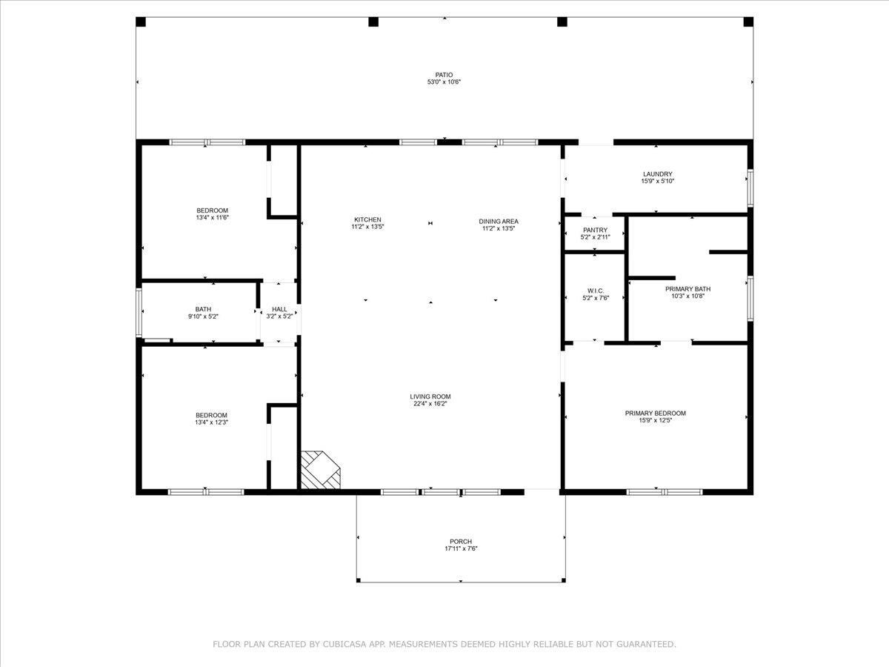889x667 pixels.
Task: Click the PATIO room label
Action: pyautogui.click(x=444, y=75)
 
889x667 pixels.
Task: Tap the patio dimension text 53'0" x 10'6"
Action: pyautogui.click(x=444, y=82)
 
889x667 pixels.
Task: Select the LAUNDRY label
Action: pyautogui.click(x=657, y=174)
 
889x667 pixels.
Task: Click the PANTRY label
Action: pyautogui.click(x=595, y=230)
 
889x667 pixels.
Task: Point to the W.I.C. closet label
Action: pyautogui.click(x=596, y=291)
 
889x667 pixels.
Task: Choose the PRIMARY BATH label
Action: pyautogui.click(x=687, y=289)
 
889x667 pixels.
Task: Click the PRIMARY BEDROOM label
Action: pyautogui.click(x=656, y=414)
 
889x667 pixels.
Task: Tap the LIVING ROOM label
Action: pyautogui.click(x=430, y=397)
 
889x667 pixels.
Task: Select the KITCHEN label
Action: pyautogui.click(x=367, y=220)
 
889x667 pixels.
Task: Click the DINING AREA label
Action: pyautogui.click(x=499, y=222)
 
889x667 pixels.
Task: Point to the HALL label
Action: pyautogui.click(x=279, y=309)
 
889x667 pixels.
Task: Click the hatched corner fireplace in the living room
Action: pyautogui.click(x=320, y=470)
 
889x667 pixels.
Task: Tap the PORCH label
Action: pyautogui.click(x=461, y=542)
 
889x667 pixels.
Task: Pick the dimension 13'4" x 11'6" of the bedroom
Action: pyautogui.click(x=212, y=217)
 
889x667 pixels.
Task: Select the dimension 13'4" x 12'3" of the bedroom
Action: pyautogui.click(x=211, y=422)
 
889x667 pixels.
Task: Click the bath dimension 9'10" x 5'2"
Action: pyautogui.click(x=203, y=316)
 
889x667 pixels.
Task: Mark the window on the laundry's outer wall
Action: pyautogui.click(x=750, y=188)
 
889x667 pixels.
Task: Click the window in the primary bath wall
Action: pyautogui.click(x=750, y=299)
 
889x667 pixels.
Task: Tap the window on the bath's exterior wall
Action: pyautogui.click(x=139, y=312)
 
